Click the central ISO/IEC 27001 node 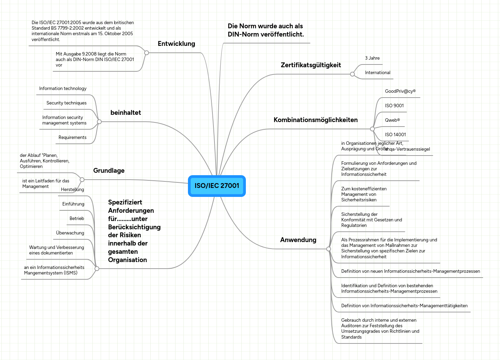tap(217, 186)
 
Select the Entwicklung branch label tap(176, 44)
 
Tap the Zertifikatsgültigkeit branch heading tap(311, 65)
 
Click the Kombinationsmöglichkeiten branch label tap(316, 120)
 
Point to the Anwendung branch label tap(298, 240)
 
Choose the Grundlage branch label tap(109, 171)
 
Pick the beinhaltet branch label tap(126, 113)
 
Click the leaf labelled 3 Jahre tap(372, 58)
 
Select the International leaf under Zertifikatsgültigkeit tap(378, 73)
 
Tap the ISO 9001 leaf tap(394, 106)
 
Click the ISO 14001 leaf tap(395, 135)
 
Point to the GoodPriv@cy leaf tap(400, 91)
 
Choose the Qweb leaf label tap(392, 120)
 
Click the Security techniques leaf tap(67, 103)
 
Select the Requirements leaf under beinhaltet tap(72, 138)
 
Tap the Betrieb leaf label tap(77, 219)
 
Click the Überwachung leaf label tap(70, 233)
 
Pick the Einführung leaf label tap(73, 204)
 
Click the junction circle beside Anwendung tap(329, 249)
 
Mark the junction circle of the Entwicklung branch tap(147, 53)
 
